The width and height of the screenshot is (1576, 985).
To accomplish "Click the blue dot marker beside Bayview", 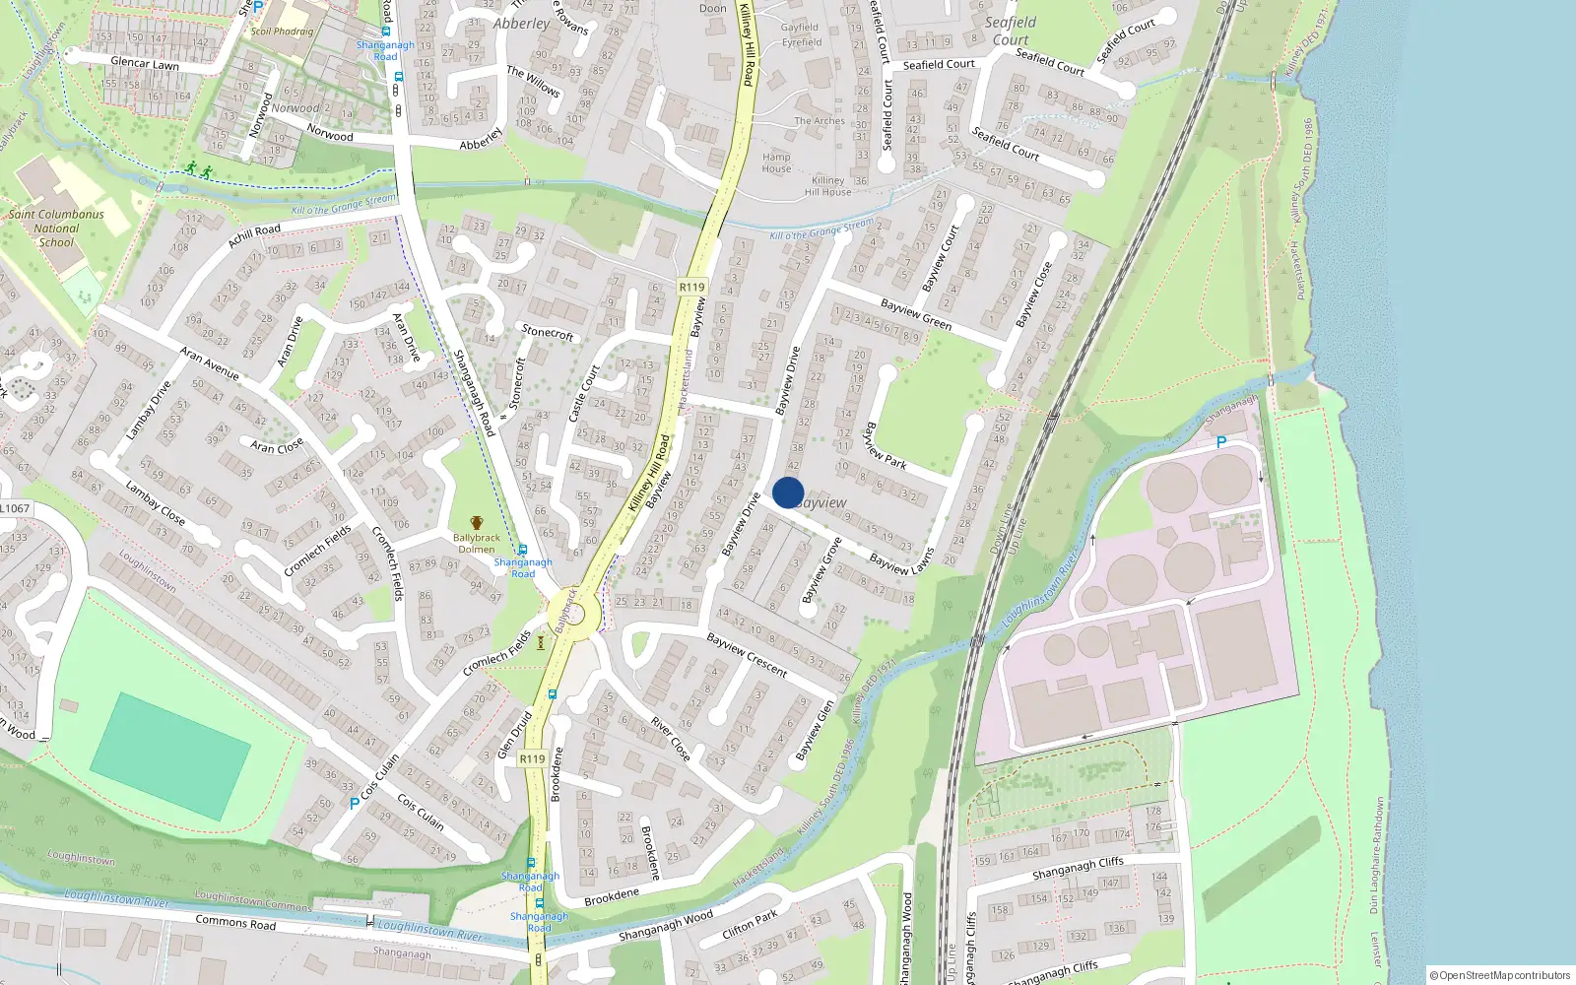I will [788, 492].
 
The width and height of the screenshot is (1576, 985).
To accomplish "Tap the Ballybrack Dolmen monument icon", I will [477, 523].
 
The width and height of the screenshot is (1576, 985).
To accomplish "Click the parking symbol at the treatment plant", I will [1221, 443].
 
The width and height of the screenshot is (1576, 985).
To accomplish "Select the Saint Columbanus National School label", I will [56, 228].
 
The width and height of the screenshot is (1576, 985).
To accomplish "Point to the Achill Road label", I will [254, 235].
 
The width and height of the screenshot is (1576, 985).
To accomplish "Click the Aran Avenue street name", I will [209, 363].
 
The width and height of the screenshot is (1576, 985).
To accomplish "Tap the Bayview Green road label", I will [916, 314].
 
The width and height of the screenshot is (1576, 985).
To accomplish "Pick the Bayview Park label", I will [885, 445].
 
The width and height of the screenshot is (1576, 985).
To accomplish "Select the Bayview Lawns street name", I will [901, 562].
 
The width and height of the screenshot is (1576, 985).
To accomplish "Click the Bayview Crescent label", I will [747, 655].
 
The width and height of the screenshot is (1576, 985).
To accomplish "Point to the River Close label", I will [670, 738].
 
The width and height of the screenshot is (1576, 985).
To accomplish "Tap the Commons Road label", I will [235, 923].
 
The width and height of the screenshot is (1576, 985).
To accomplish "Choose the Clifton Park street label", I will [751, 924].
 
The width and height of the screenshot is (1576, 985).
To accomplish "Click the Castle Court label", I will [584, 393].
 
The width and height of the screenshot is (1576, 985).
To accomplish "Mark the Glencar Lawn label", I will [145, 63].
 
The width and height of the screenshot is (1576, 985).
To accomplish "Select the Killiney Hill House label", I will [827, 186].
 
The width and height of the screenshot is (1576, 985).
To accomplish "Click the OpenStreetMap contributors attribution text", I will [1499, 975].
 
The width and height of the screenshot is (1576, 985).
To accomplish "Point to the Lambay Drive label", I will [149, 410].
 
